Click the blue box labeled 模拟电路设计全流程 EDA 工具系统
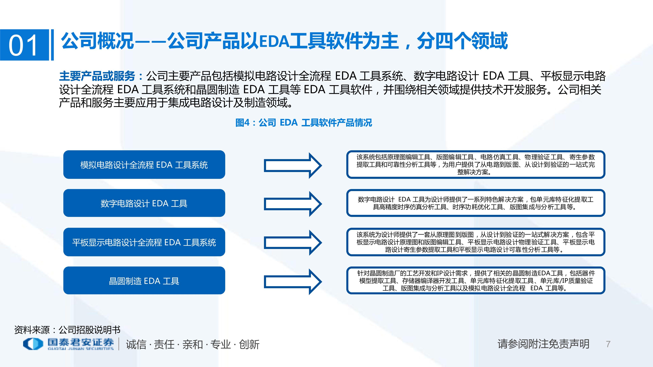[144, 165]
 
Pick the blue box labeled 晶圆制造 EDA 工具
[144, 281]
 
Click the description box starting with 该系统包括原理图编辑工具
[476, 165]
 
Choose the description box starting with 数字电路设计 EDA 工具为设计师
[476, 203]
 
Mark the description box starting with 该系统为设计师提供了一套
[476, 242]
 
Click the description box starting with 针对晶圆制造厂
[476, 281]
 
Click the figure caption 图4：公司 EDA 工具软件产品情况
[304, 123]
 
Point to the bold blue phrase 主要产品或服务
[97, 76]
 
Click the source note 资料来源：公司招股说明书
[67, 330]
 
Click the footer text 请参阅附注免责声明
[543, 344]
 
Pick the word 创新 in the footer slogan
[249, 344]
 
